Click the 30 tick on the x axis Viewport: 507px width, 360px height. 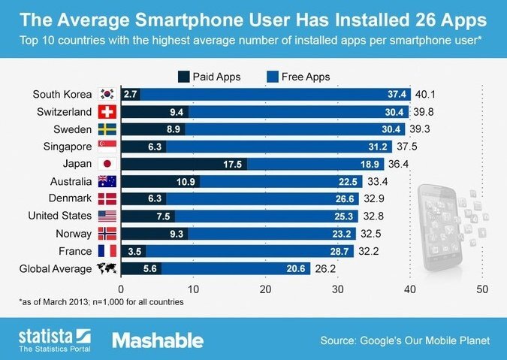(337, 288)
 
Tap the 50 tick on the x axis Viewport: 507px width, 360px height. (482, 288)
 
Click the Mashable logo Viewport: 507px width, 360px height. (158, 340)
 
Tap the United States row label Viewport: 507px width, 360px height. (57, 216)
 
